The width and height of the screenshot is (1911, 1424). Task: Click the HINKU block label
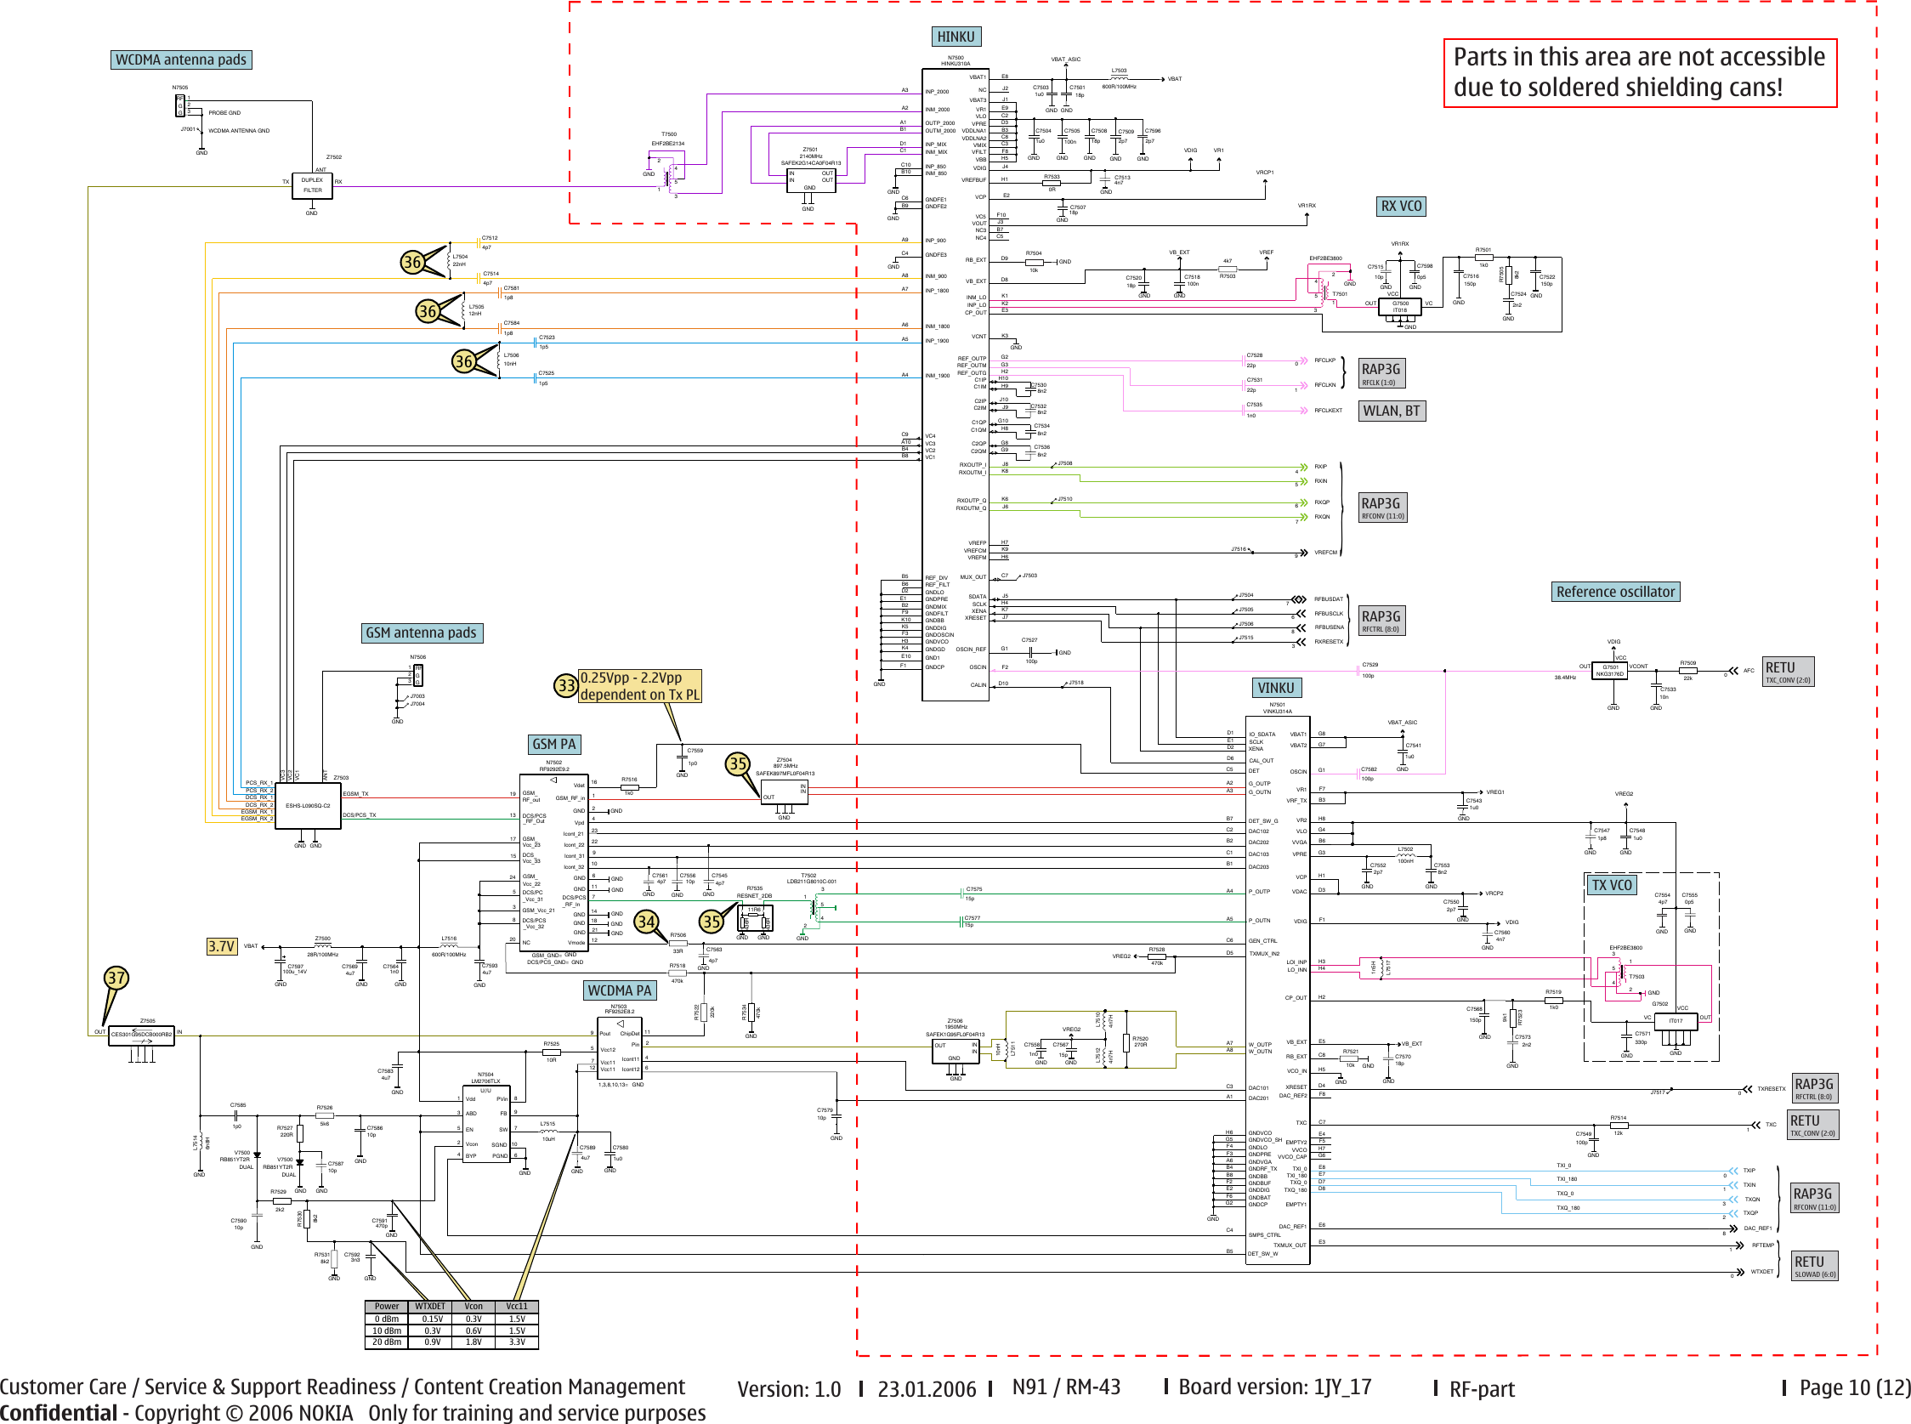pos(956,37)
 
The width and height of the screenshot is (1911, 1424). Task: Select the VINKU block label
pos(1276,688)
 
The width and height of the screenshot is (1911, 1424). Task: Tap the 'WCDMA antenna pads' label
pos(181,60)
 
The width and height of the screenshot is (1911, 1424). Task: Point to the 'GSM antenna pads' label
pos(421,633)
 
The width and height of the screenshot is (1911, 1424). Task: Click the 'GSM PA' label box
pos(553,744)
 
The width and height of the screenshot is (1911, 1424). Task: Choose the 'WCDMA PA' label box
pos(619,990)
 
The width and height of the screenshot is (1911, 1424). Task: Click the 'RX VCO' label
pos(1401,206)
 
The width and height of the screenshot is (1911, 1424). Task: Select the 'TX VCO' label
pos(1611,884)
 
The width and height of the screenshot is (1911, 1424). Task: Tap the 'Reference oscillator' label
pos(1615,592)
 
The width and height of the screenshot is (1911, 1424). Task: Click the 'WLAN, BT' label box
pos(1391,411)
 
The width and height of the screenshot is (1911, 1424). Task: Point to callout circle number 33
pos(565,685)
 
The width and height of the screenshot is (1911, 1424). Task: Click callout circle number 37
pos(116,978)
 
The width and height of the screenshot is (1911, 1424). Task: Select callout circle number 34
pos(646,922)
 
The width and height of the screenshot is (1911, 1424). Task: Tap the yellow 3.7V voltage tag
pos(222,945)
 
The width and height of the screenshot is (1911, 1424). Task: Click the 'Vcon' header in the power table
pos(473,1306)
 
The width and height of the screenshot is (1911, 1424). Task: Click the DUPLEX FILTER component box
pos(312,185)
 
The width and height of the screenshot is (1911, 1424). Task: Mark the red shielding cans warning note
pos(1640,72)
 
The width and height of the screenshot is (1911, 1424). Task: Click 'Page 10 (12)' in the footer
pos(1854,1387)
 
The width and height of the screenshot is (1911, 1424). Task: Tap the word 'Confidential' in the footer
pos(59,1413)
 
